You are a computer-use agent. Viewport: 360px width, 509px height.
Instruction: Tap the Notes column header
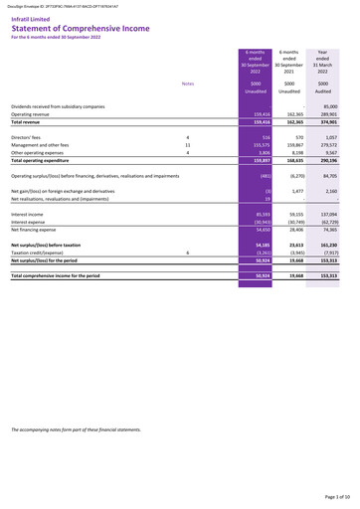tap(188, 84)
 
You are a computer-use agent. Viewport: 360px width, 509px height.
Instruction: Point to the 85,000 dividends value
tap(329, 105)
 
